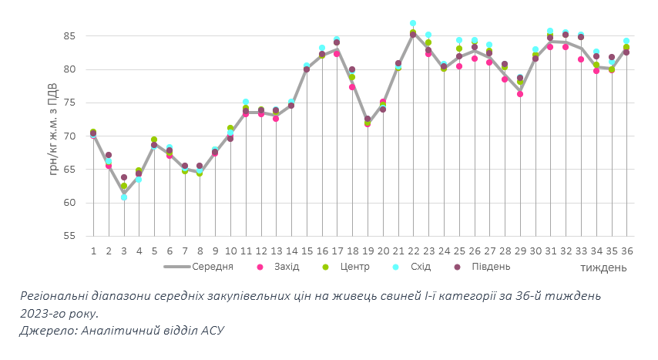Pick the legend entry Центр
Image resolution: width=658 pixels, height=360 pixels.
coord(353,267)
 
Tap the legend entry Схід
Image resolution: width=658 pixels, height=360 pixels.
coord(418,267)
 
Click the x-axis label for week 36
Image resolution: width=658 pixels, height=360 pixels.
coord(626,251)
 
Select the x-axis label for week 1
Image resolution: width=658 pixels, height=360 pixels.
coord(93,251)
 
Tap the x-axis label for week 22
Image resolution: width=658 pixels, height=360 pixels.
coord(413,251)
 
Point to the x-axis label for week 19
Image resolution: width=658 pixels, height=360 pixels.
coord(368,251)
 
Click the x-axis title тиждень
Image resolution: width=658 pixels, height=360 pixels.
coord(603,267)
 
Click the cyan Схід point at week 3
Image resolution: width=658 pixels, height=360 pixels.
coord(124,197)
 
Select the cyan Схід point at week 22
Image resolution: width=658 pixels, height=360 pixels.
coord(413,23)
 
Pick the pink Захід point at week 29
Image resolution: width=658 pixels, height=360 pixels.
coord(520,94)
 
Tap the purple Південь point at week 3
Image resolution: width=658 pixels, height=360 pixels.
coord(124,177)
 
